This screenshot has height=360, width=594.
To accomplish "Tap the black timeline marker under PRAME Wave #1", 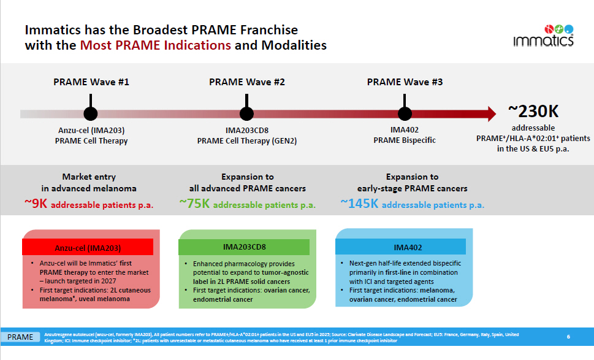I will (90, 113).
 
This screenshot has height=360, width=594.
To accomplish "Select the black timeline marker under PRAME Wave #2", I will (246, 113).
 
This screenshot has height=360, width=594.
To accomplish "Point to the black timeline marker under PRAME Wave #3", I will (405, 113).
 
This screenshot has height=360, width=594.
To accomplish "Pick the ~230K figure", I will (533, 111).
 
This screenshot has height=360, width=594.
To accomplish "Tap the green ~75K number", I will (195, 204).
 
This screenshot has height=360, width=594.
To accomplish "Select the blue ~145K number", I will (360, 204).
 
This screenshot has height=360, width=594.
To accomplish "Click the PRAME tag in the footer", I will (20, 337).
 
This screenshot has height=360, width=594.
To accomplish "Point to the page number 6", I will (568, 336).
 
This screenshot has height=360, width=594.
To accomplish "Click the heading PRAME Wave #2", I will (246, 82).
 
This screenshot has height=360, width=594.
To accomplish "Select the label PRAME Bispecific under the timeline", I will (405, 140).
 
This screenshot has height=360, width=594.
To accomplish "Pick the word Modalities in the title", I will (294, 45).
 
